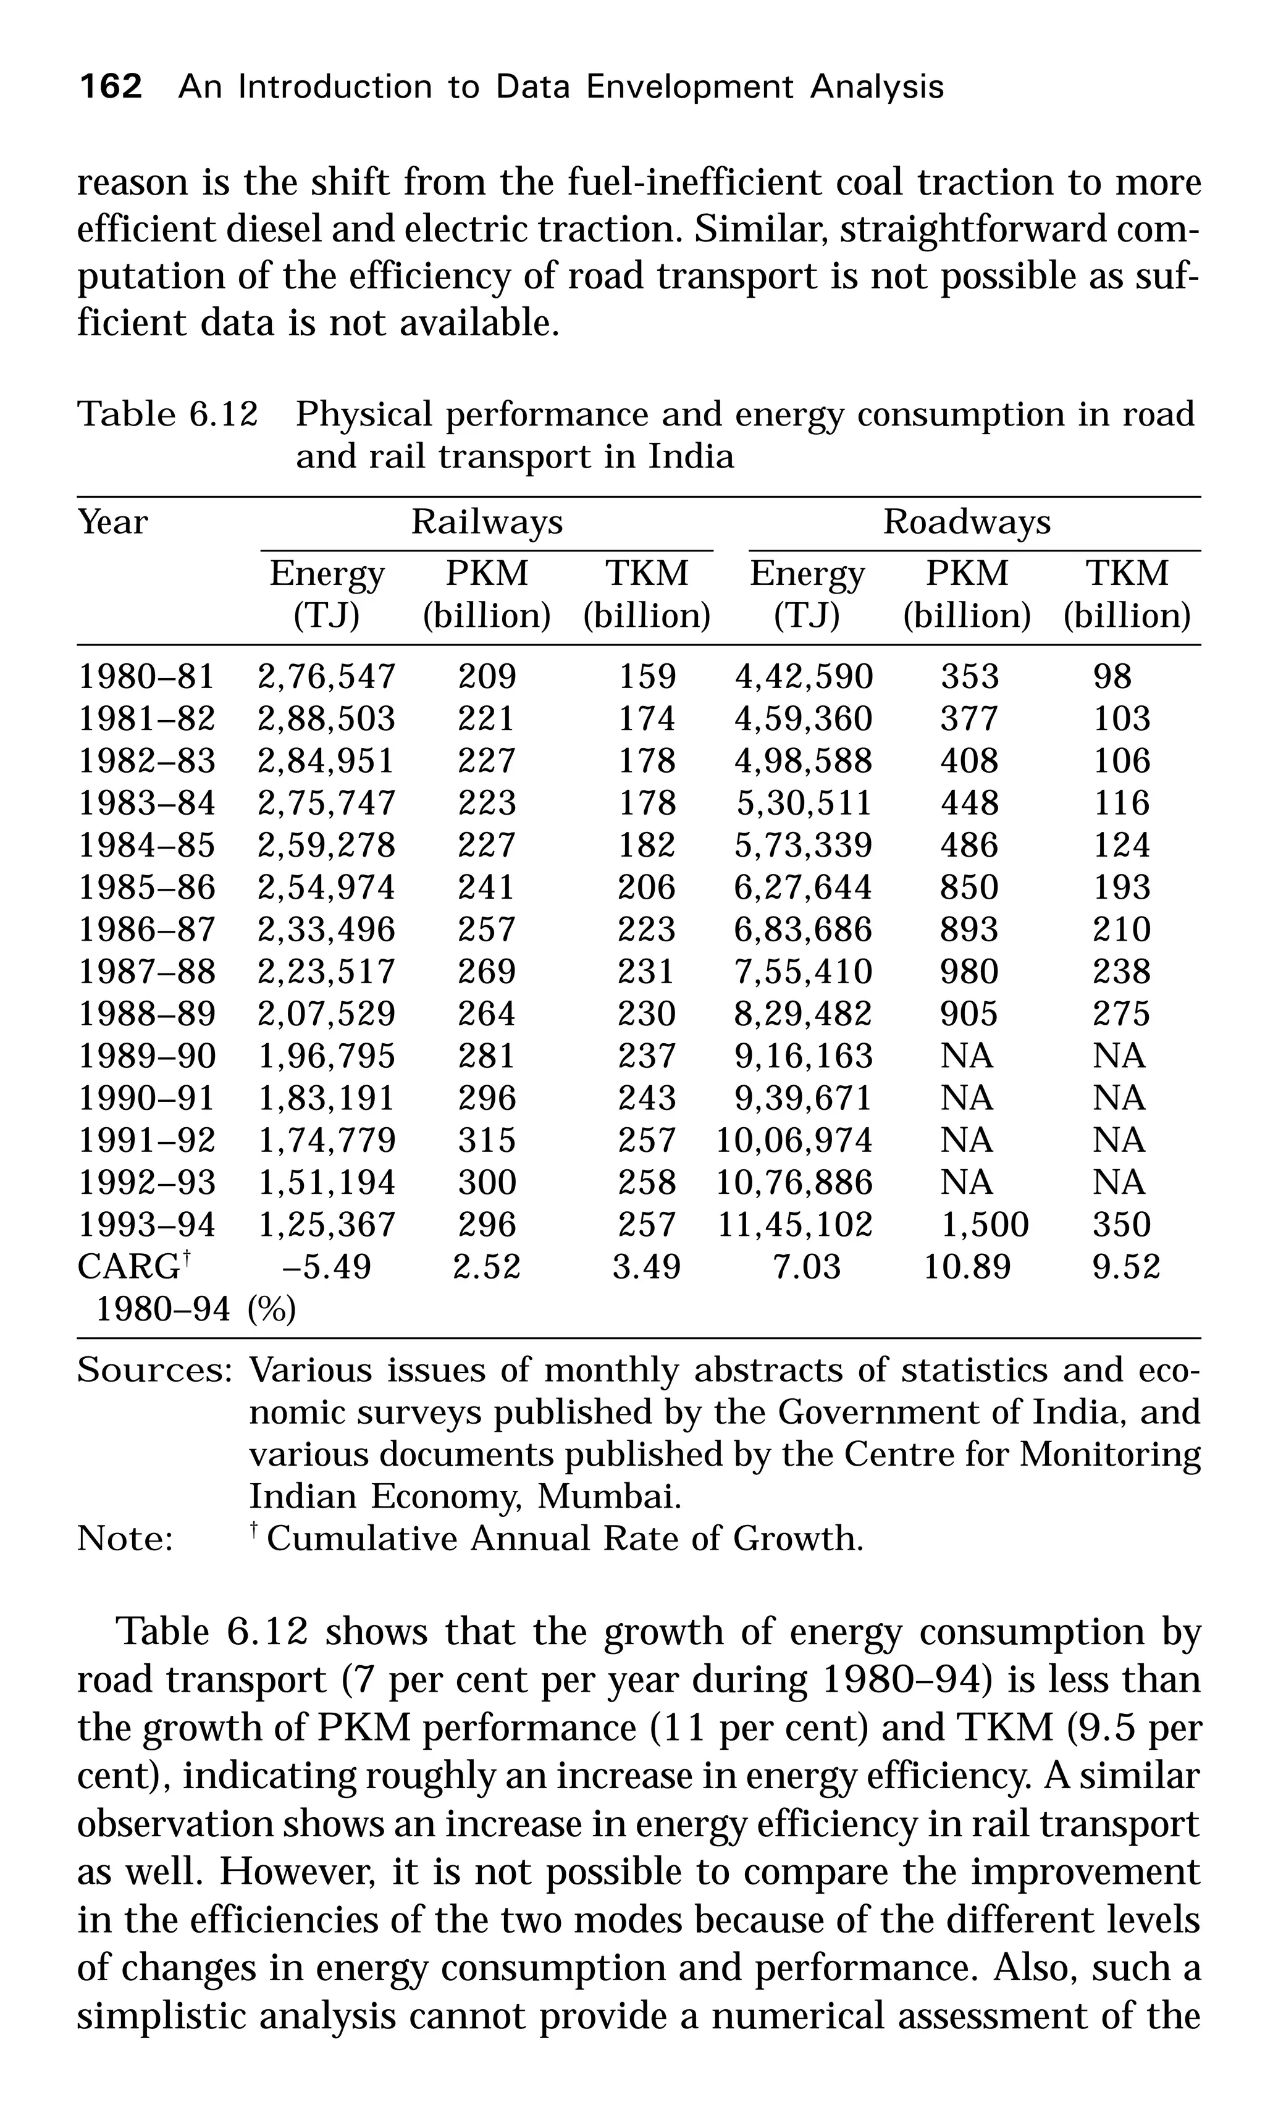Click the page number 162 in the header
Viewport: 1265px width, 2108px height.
pyautogui.click(x=110, y=87)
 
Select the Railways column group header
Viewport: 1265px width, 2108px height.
pyautogui.click(x=487, y=522)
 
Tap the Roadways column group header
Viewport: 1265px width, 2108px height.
pyautogui.click(x=967, y=522)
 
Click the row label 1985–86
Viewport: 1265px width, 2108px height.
pyautogui.click(x=146, y=888)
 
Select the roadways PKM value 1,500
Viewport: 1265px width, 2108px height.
pyautogui.click(x=985, y=1225)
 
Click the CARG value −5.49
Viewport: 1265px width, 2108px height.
pyautogui.click(x=327, y=1267)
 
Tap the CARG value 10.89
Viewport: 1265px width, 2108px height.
pyautogui.click(x=967, y=1267)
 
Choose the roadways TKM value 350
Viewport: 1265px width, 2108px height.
pyautogui.click(x=1122, y=1225)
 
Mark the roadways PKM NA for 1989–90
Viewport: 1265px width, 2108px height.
pyautogui.click(x=967, y=1056)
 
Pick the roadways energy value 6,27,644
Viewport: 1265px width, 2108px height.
pyautogui.click(x=803, y=888)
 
